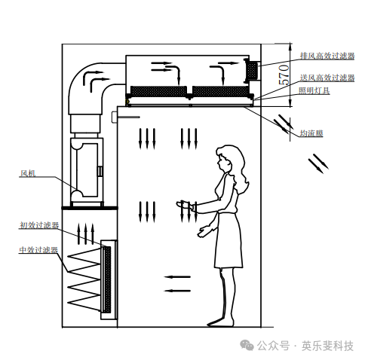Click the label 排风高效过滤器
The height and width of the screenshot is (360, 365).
327,56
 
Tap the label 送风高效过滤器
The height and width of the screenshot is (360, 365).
327,78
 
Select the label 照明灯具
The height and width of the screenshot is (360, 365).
314,90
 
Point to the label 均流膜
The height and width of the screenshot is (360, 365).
311,133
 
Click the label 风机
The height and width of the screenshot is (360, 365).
28,173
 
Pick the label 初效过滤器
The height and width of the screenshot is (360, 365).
39,225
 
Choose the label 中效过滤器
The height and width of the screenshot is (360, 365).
38,250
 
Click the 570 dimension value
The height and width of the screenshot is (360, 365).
284,75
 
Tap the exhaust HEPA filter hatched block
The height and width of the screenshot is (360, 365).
253,70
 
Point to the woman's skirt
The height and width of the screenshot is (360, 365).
229,240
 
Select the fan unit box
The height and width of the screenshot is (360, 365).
87,170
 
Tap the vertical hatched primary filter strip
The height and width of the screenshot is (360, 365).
107,279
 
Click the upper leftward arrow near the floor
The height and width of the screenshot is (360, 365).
177,277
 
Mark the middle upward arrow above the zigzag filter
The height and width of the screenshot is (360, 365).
86,233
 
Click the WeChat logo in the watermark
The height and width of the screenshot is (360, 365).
247,346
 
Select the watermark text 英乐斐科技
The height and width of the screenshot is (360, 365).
327,346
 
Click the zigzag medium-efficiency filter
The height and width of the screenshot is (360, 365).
84,279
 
